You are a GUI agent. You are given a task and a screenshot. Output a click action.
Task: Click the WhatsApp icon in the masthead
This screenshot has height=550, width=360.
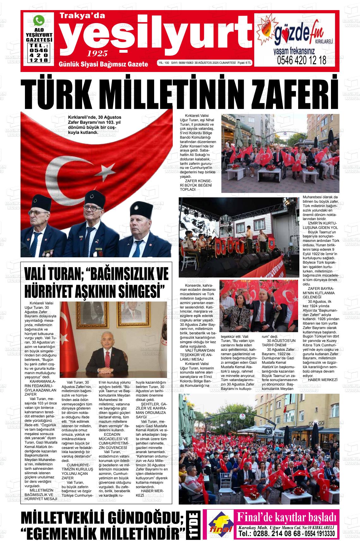point(39,21)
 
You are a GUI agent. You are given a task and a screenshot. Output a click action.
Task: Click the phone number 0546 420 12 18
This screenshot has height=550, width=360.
point(302,61)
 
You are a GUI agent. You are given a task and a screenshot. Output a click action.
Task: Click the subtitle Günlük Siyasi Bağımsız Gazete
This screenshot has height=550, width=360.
point(103,64)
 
